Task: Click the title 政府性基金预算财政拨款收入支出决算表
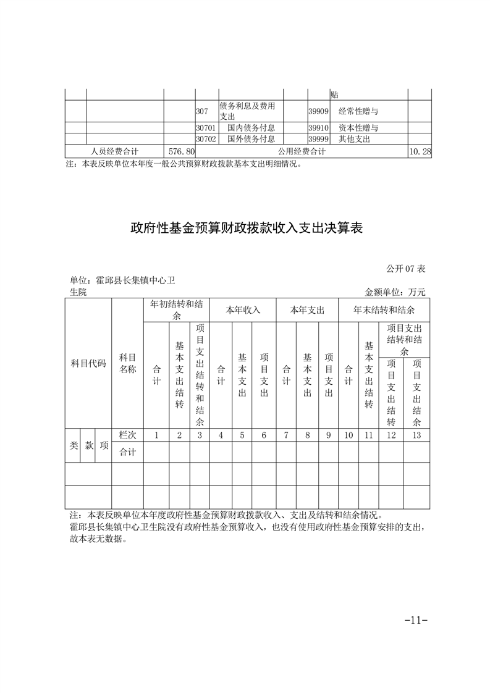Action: click(x=246, y=229)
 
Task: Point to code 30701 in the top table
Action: click(x=205, y=128)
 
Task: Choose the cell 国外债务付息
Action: click(x=251, y=139)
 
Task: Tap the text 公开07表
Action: click(x=407, y=269)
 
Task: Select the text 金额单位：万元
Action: click(x=395, y=292)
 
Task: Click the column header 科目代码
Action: click(x=88, y=363)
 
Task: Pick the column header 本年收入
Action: click(x=243, y=309)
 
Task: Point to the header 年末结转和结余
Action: click(x=384, y=309)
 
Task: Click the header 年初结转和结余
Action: click(x=176, y=309)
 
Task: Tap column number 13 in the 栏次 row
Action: click(x=416, y=435)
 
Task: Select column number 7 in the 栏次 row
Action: click(x=286, y=435)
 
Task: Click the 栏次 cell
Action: click(x=127, y=435)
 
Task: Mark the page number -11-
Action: click(x=416, y=619)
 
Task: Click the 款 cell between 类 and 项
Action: click(x=90, y=445)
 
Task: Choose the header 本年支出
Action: click(x=307, y=309)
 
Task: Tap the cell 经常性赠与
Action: click(x=358, y=112)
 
